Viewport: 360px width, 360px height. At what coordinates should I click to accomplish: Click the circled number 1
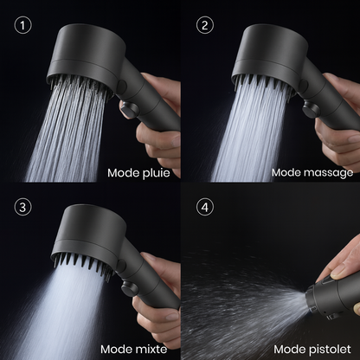pyautogui.click(x=22, y=25)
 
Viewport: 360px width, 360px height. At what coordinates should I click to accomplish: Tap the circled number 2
pyautogui.click(x=205, y=25)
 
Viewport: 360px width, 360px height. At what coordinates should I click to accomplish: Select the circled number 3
pyautogui.click(x=22, y=207)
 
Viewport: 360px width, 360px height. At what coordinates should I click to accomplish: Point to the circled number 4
pyautogui.click(x=205, y=207)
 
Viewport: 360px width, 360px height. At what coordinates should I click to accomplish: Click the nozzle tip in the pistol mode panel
pyautogui.click(x=311, y=300)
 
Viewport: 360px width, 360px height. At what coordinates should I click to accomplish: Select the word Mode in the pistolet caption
pyautogui.click(x=290, y=349)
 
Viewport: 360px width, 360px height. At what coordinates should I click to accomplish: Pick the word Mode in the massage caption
pyautogui.click(x=287, y=172)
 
